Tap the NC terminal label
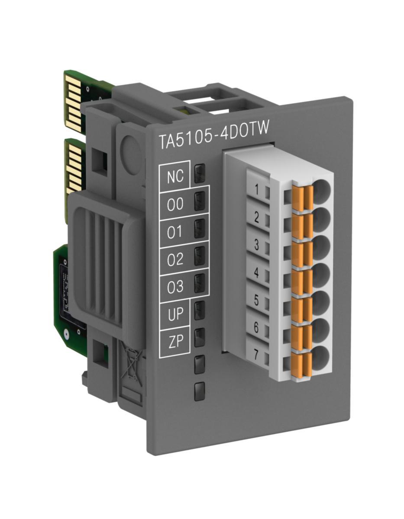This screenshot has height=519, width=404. [175, 176]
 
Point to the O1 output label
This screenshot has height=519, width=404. [175, 231]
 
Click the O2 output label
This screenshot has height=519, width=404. [175, 259]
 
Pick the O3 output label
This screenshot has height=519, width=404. [175, 286]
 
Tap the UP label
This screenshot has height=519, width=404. [175, 314]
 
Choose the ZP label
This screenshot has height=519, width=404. [176, 341]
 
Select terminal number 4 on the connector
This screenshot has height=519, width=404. [256, 272]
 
